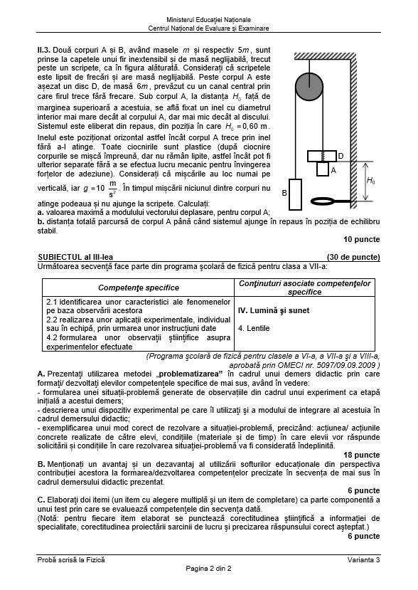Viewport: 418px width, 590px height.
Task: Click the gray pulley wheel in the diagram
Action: (x=310, y=88)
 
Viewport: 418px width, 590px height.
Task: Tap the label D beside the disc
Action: (x=341, y=156)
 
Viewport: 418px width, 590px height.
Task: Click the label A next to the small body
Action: (x=333, y=172)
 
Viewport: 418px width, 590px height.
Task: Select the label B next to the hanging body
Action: (x=284, y=193)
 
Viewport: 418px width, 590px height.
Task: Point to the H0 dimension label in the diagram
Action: (x=370, y=181)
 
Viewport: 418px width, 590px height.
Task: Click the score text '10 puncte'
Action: (x=361, y=239)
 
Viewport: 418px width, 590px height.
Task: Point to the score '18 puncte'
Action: (x=361, y=455)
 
